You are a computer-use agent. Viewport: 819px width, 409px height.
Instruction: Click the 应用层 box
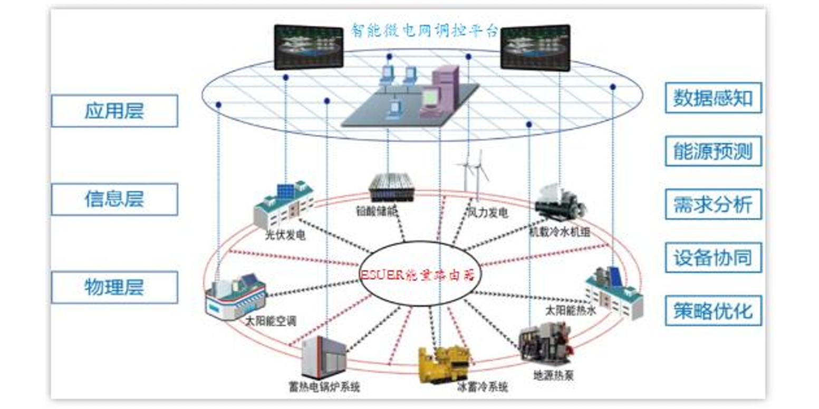(114, 111)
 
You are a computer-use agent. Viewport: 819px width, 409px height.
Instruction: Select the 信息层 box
(114, 199)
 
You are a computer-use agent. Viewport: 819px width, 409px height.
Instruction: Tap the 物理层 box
(114, 287)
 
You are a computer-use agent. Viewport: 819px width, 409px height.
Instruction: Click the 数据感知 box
(713, 98)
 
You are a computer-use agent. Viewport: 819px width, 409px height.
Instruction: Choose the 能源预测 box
(713, 151)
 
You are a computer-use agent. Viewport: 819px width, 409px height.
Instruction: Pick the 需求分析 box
(713, 204)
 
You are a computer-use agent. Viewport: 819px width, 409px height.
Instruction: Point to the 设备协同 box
(713, 258)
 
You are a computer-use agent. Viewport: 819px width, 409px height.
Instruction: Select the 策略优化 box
(713, 310)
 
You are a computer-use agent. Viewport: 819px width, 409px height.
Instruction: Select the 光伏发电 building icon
(283, 203)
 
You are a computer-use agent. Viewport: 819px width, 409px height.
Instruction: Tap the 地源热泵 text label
(553, 375)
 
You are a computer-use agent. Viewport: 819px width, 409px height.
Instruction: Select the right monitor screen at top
(535, 47)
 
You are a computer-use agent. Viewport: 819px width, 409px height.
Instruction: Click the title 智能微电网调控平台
(425, 30)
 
